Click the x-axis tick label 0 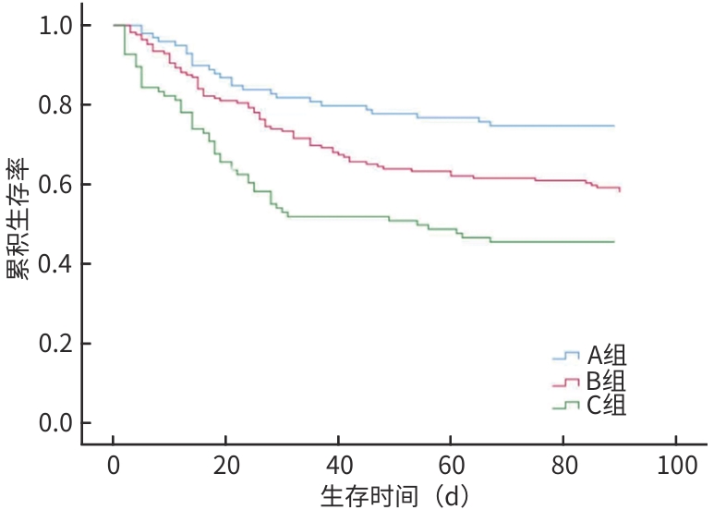pos(113,464)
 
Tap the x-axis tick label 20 pos(225,464)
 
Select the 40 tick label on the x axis pos(338,464)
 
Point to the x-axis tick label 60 pos(451,464)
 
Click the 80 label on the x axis pos(563,464)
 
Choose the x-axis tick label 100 pos(676,464)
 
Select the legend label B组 pos(607,381)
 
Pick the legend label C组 pos(607,405)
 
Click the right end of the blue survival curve pos(614,126)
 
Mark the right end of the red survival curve pos(620,189)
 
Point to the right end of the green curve pos(614,241)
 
